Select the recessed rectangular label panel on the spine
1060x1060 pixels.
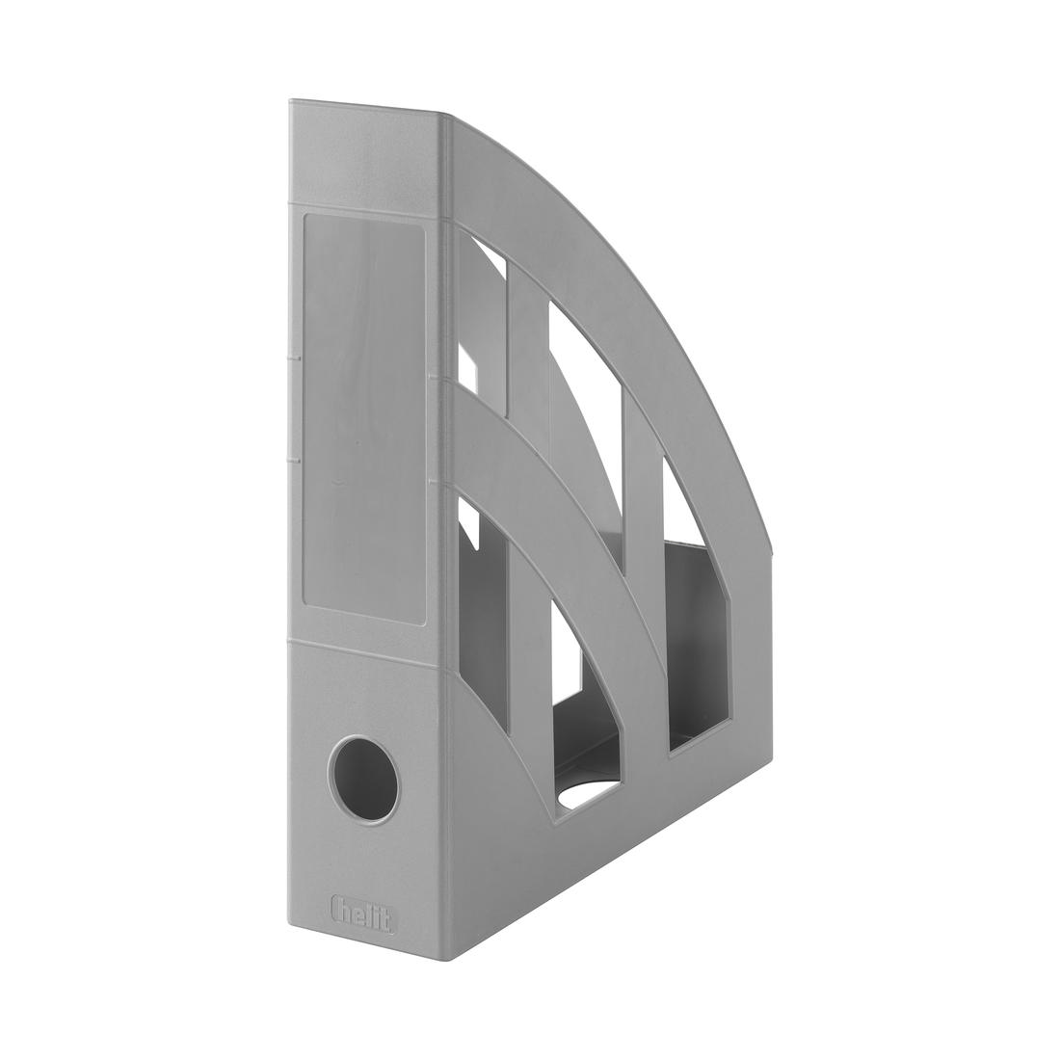[364, 419]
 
